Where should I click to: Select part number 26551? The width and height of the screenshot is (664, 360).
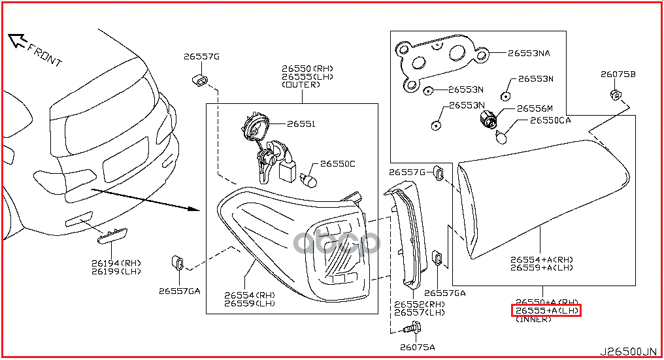pyautogui.click(x=301, y=123)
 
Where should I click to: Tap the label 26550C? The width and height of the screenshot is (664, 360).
pyautogui.click(x=337, y=163)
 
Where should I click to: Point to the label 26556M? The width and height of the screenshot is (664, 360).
pyautogui.click(x=535, y=108)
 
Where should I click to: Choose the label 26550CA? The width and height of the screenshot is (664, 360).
pyautogui.click(x=550, y=120)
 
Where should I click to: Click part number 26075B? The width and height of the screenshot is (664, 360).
pyautogui.click(x=618, y=74)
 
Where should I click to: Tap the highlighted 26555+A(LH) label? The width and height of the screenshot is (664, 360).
pyautogui.click(x=546, y=310)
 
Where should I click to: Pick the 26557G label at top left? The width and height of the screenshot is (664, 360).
pyautogui.click(x=201, y=57)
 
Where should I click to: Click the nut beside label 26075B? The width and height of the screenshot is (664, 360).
pyautogui.click(x=615, y=94)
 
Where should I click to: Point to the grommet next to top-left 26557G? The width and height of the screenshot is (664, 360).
pyautogui.click(x=201, y=80)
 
